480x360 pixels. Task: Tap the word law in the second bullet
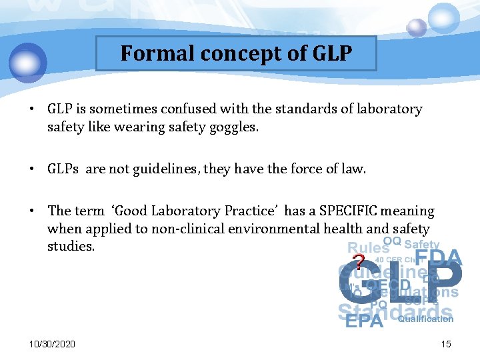coord(355,169)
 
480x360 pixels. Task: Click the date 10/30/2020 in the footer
coord(52,343)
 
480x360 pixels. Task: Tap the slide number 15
coord(445,343)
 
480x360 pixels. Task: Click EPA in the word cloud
coord(364,321)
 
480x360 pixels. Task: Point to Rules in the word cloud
coord(367,248)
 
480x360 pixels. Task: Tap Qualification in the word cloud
coord(425,319)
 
